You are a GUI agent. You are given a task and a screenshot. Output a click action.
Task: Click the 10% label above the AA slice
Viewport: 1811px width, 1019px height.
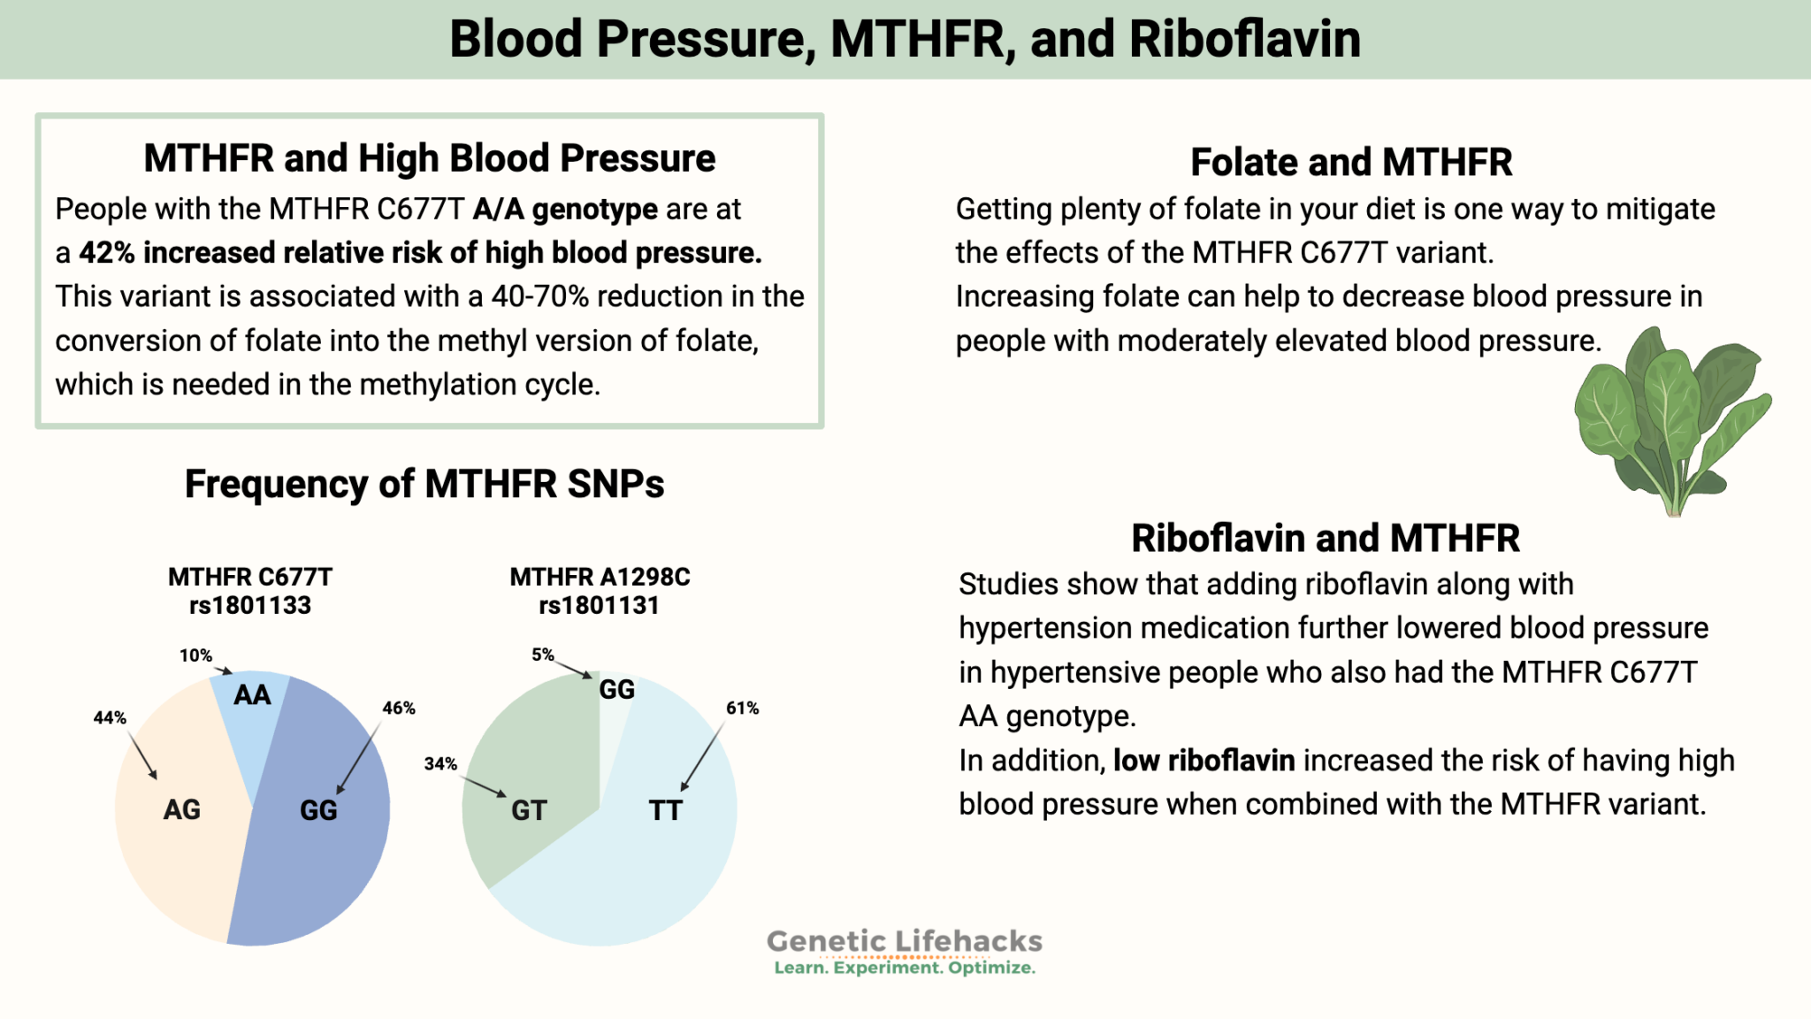[x=195, y=655]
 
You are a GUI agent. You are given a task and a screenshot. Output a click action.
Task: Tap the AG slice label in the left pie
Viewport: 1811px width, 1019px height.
[x=182, y=809]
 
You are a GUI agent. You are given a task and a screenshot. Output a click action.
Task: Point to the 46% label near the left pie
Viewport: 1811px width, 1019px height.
[x=399, y=709]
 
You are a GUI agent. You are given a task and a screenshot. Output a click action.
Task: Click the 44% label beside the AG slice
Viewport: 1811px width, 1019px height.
[x=110, y=718]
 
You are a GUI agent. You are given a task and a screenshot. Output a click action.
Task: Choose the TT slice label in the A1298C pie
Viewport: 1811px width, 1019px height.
[x=665, y=810]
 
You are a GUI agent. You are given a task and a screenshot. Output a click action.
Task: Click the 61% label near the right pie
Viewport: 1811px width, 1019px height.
[x=743, y=709]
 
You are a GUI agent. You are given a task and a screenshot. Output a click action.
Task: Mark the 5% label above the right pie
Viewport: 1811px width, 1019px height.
[x=542, y=655]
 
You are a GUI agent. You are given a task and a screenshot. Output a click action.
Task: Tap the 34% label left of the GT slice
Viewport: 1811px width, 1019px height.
[x=440, y=763]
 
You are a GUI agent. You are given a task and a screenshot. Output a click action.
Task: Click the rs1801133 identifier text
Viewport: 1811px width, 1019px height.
[x=250, y=606]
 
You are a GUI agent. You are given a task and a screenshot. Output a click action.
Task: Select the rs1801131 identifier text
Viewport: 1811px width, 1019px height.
[x=600, y=606]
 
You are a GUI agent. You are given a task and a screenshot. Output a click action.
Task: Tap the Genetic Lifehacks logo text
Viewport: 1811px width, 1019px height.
[x=904, y=942]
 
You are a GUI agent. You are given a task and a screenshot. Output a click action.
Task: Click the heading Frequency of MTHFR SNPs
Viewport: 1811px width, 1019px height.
[x=424, y=484]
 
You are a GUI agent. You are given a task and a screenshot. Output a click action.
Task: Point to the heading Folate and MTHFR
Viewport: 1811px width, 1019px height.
[x=1351, y=163]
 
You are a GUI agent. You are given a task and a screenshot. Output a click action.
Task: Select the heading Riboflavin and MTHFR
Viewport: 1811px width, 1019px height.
[x=1326, y=538]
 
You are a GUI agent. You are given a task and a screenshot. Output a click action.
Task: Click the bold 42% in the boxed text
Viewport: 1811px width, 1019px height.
[x=106, y=253]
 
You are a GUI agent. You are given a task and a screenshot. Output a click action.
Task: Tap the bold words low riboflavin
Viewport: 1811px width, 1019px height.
[x=1204, y=761]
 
